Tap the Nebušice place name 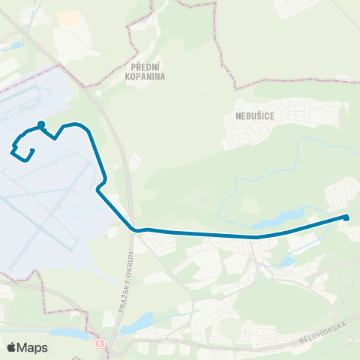[x=244, y=117]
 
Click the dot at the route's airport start [x=41, y=125]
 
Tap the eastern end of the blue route [x=346, y=217]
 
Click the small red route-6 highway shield [x=100, y=344]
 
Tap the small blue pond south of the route [x=286, y=262]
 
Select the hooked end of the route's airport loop [x=33, y=150]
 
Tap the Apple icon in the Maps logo [x=11, y=346]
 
